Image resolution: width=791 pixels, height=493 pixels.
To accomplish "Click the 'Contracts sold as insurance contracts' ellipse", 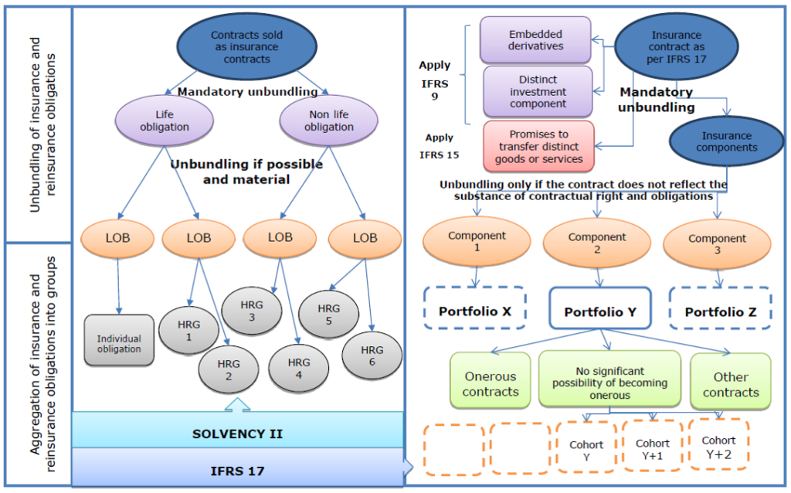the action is pos(246,46).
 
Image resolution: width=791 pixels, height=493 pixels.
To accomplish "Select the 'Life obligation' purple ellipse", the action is pos(165,121).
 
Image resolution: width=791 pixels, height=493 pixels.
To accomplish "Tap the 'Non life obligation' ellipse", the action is pos(329,121).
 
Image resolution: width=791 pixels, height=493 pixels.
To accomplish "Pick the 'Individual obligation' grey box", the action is pos(119,340).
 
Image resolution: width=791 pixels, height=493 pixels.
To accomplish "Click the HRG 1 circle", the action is pos(188,331).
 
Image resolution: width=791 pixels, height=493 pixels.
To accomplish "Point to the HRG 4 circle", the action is pos(299,369).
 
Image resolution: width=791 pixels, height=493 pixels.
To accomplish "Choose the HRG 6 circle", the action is pos(372,355).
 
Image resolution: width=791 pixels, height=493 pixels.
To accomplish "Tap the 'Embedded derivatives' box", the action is pos(535,40).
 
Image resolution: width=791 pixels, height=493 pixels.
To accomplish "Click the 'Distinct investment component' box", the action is pos(538,92).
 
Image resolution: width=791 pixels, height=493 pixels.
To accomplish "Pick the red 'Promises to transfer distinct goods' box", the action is pos(538,146).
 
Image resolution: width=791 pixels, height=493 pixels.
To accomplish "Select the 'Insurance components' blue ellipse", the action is pos(726,141).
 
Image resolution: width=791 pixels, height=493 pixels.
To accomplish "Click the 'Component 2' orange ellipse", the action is pos(597,243).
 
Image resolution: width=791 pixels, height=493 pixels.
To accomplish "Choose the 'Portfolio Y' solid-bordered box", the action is pos(600,308).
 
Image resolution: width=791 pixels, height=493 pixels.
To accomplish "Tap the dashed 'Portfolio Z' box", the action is pos(721,308).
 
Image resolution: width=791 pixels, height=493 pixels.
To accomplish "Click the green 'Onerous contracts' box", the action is pos(491,380).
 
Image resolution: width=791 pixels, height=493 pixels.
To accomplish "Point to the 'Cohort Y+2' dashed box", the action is pos(719,444).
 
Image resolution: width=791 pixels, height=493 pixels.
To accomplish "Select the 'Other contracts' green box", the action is pos(731,381).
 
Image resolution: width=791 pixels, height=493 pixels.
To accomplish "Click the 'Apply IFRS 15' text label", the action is pos(440,146).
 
